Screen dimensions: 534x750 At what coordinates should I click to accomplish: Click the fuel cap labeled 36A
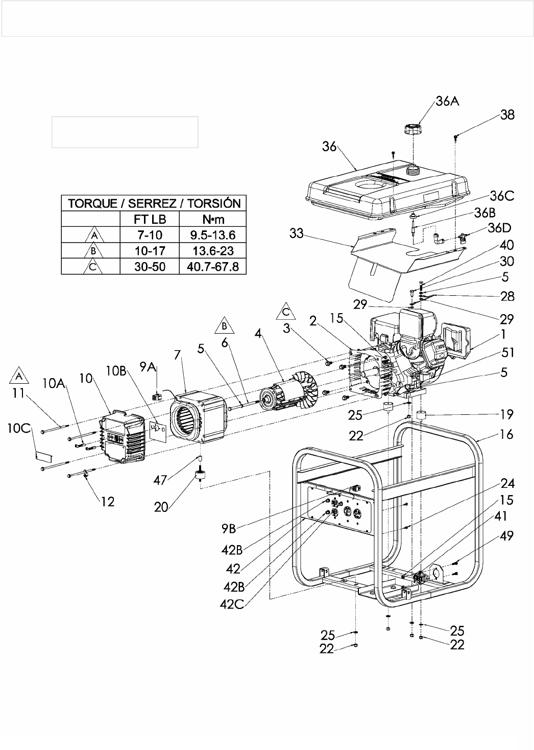(413, 129)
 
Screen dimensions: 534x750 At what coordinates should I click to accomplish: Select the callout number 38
(507, 115)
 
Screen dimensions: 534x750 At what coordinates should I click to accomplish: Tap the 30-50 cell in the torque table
(150, 267)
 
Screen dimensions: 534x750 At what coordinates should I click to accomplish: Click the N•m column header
(213, 219)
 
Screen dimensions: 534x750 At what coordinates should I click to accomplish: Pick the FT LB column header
(150, 219)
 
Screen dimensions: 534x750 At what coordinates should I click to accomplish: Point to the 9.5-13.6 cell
(213, 235)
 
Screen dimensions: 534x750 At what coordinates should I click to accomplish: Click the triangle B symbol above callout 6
(225, 326)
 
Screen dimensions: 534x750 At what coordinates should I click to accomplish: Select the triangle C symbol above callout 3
(286, 311)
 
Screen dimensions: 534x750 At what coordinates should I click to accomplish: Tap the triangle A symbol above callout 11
(19, 376)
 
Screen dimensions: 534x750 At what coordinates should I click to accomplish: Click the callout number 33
(297, 233)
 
